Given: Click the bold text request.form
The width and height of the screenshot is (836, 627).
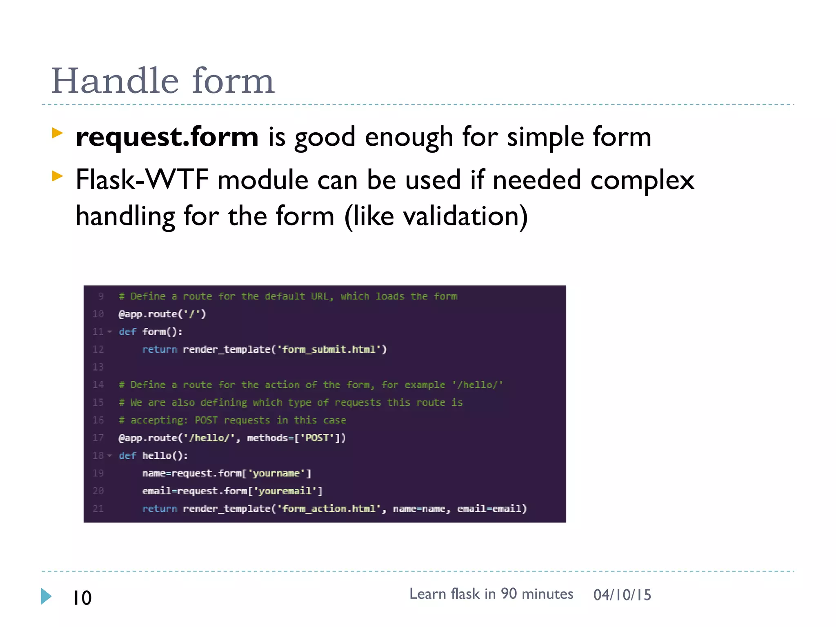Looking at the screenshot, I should pos(167,137).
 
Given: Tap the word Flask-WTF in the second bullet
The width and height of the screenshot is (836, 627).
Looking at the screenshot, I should pos(142,180).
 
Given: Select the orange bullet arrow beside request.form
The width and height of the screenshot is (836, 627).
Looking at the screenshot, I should pos(58,133).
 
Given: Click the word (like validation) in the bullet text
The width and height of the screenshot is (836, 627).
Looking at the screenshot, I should pos(436,216).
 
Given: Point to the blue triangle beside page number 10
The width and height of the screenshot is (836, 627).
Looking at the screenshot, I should pos(46,596).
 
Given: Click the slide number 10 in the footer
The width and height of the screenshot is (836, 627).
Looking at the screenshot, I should pos(82,598).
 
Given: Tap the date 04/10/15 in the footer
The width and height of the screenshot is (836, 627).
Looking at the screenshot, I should pos(622,595).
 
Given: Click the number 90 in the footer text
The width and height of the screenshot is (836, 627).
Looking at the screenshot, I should pos(509,594).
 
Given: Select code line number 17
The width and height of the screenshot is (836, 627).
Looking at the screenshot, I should pos(98,438).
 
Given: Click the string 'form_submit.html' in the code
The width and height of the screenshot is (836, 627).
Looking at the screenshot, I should pos(329,349).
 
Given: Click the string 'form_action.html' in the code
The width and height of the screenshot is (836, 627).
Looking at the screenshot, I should pos(329,509).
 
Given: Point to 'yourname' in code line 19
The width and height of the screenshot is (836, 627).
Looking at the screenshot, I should pos(276,474).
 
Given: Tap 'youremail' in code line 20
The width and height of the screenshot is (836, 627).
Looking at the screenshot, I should pos(285,491).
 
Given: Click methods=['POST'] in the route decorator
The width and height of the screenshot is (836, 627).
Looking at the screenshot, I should pos(296,438).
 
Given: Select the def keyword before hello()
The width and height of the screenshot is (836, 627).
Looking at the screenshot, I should pos(127,456).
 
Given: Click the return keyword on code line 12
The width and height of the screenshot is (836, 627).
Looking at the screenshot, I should pos(159,349).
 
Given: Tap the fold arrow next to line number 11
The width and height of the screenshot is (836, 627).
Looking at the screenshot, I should pos(109,332).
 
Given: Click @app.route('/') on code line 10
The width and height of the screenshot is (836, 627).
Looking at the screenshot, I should pos(162,314).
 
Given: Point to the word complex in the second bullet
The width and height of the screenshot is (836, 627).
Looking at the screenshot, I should pos(642,180).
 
